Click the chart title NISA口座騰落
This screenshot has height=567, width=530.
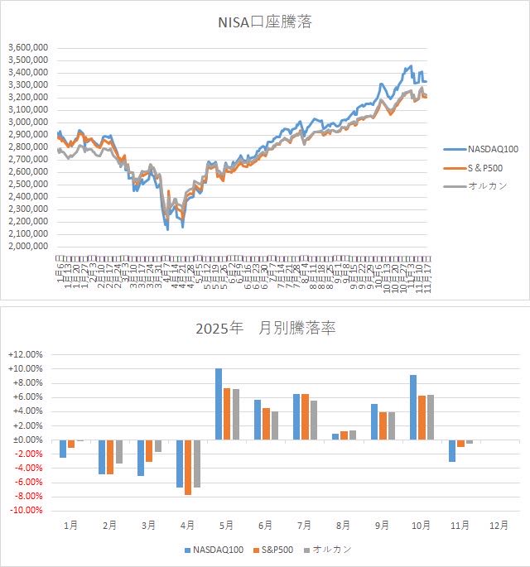(x=264, y=22)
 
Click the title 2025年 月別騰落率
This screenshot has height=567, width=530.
(x=265, y=329)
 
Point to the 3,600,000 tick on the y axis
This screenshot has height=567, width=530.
(x=28, y=48)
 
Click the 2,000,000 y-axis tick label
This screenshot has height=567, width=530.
(x=28, y=246)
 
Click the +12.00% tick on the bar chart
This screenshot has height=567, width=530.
(x=31, y=354)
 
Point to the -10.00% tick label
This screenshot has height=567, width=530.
(x=31, y=511)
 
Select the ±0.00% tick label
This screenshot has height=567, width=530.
(x=31, y=440)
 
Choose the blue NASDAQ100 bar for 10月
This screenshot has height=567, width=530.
(x=413, y=407)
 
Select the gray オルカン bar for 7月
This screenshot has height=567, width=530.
(x=313, y=420)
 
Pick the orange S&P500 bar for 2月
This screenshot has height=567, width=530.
(x=110, y=457)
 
